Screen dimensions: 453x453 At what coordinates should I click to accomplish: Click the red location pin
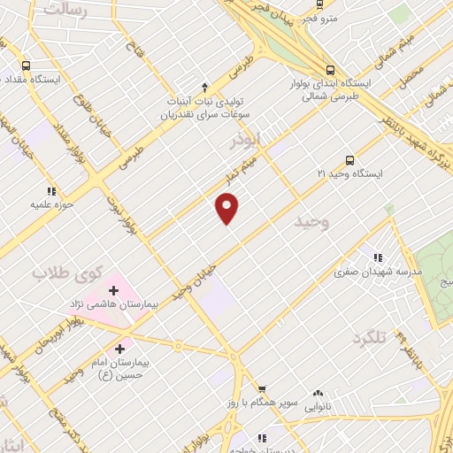227,208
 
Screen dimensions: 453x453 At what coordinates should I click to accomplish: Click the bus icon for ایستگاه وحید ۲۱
350,160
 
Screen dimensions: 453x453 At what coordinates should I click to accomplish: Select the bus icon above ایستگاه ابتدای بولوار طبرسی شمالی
330,70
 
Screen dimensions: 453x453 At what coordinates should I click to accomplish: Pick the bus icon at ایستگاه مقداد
25,65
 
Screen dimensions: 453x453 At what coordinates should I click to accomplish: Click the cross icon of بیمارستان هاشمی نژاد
114,289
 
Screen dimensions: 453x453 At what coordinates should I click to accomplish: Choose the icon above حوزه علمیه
50,190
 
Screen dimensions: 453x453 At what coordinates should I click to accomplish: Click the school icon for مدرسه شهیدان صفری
378,257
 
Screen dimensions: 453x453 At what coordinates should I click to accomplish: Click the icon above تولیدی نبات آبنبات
204,87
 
